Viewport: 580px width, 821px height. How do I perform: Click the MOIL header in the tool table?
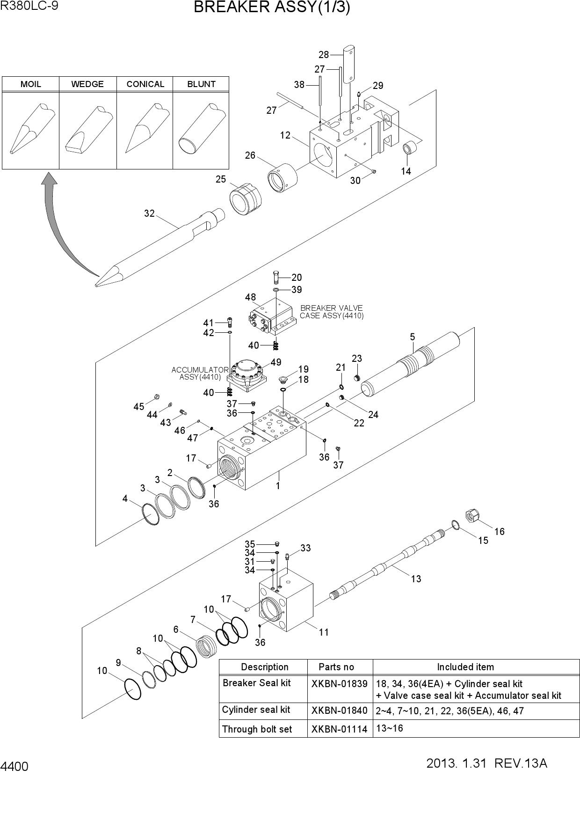[x=31, y=84]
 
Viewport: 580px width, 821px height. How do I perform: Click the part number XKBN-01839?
[x=340, y=684]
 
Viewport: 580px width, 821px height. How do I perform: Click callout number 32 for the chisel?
[x=149, y=213]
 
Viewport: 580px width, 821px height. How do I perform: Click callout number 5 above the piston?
[x=412, y=337]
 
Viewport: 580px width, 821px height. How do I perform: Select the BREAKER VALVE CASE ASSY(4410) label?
[x=332, y=312]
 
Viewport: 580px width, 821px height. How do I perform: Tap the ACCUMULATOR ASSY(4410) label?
[x=200, y=373]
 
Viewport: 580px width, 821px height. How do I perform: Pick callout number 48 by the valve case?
[x=250, y=297]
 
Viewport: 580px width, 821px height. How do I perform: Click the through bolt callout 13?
[x=416, y=579]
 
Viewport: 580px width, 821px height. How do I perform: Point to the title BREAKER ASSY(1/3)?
[x=272, y=7]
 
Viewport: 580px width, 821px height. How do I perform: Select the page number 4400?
[x=14, y=767]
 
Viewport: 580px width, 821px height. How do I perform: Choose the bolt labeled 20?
[x=276, y=277]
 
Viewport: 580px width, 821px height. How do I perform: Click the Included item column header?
[x=465, y=667]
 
